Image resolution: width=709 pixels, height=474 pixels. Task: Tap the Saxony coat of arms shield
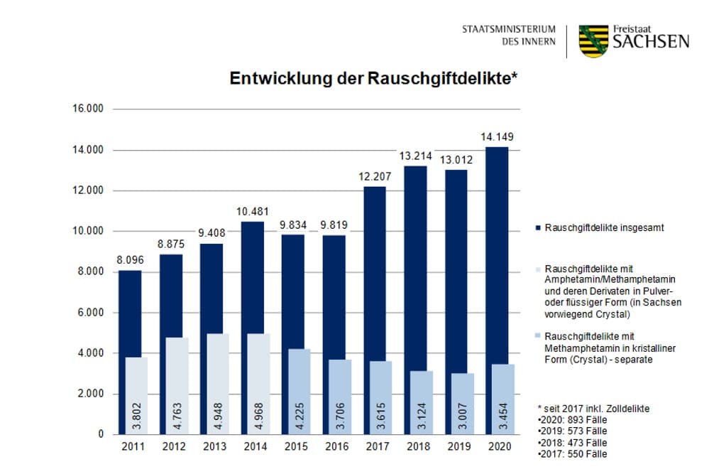(x=594, y=41)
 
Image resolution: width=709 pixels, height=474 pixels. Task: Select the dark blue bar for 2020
(x=496, y=249)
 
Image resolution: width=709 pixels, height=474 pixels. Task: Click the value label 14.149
(x=496, y=136)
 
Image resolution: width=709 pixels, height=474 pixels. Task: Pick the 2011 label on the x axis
(x=133, y=446)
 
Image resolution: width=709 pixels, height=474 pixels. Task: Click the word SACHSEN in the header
(x=651, y=41)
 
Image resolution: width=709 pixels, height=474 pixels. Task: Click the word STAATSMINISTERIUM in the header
(x=507, y=30)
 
